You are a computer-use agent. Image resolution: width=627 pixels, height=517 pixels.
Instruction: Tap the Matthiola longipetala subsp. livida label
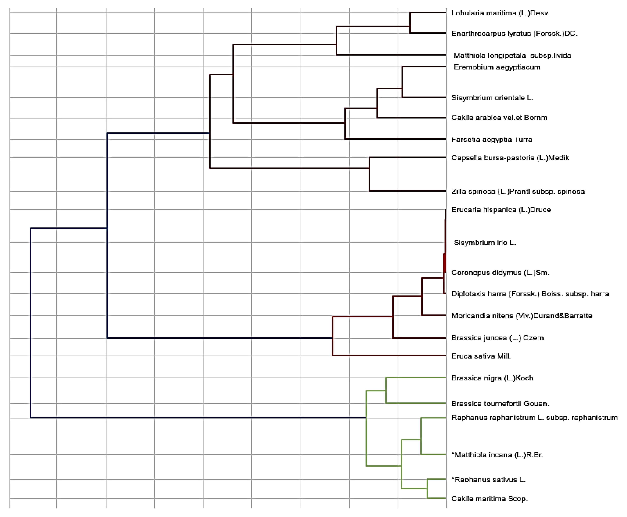(x=512, y=55)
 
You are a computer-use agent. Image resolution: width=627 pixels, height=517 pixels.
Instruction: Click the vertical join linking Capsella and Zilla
(x=369, y=174)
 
